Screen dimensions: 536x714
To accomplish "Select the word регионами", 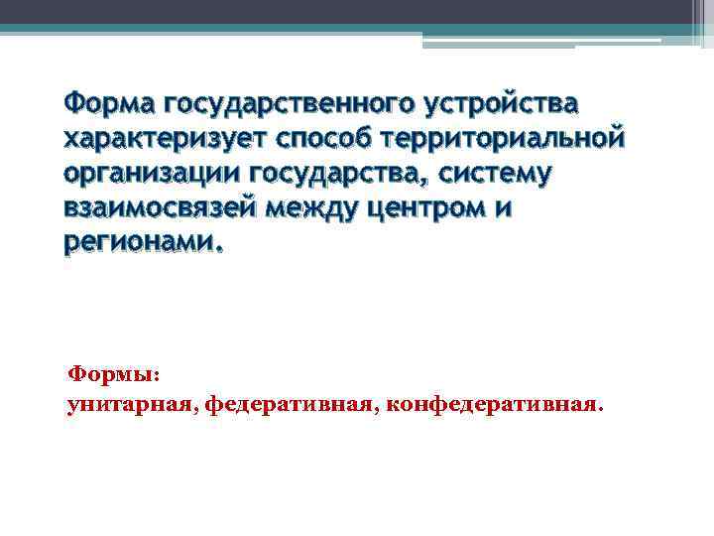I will click(143, 244).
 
